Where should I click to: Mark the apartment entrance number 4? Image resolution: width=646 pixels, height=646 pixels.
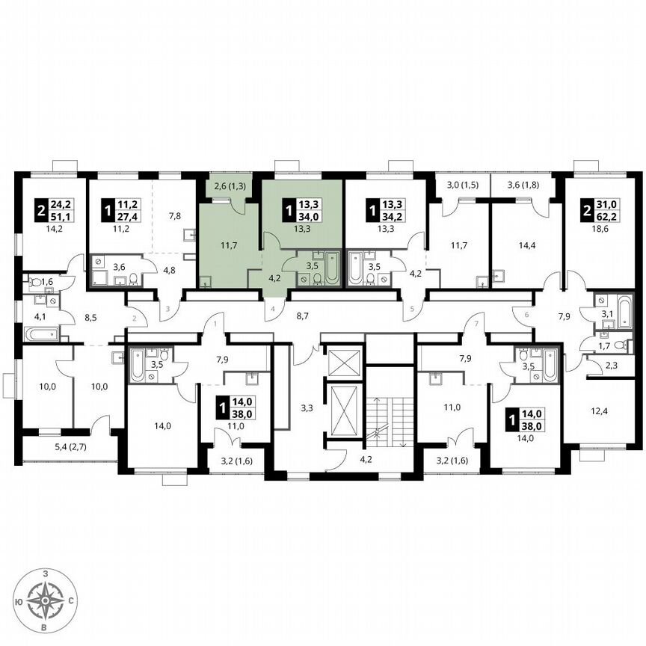point(274,308)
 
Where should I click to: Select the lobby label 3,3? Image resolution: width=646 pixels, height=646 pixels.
point(307,407)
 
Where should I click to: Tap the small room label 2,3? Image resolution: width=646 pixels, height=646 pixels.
point(612,366)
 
